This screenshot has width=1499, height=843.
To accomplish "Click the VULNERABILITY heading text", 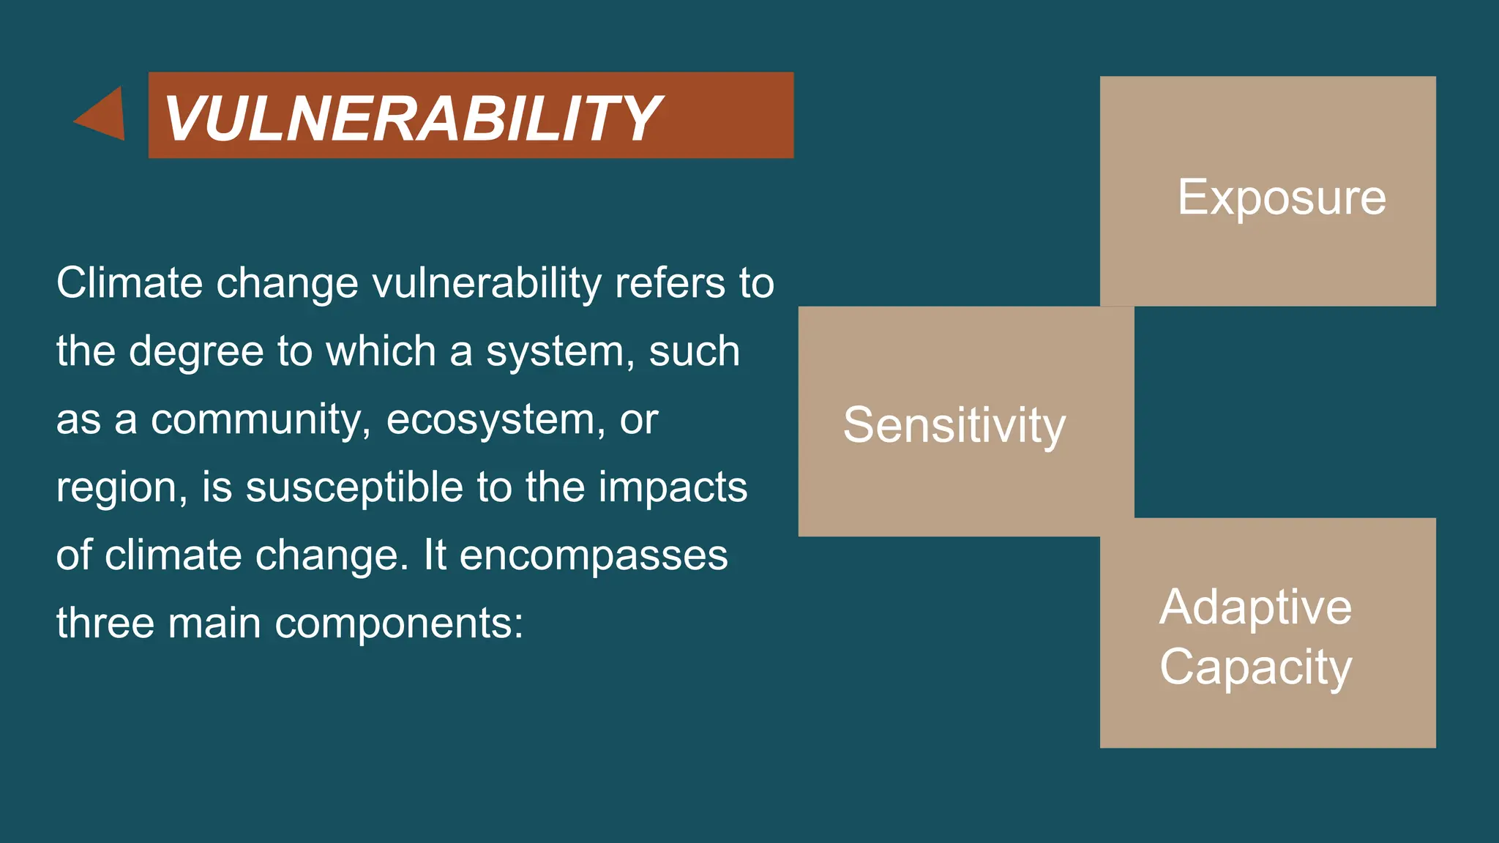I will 412,118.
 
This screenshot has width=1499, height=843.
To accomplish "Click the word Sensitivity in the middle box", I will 954,425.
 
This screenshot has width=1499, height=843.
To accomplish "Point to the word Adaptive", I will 1255,607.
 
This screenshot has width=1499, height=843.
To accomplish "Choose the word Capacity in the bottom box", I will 1255,667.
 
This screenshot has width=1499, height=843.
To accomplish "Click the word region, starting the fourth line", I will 122,489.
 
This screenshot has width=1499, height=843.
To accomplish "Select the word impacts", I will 673,487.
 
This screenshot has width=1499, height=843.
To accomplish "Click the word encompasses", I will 594,555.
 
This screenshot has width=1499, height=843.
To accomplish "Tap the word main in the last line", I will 214,623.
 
